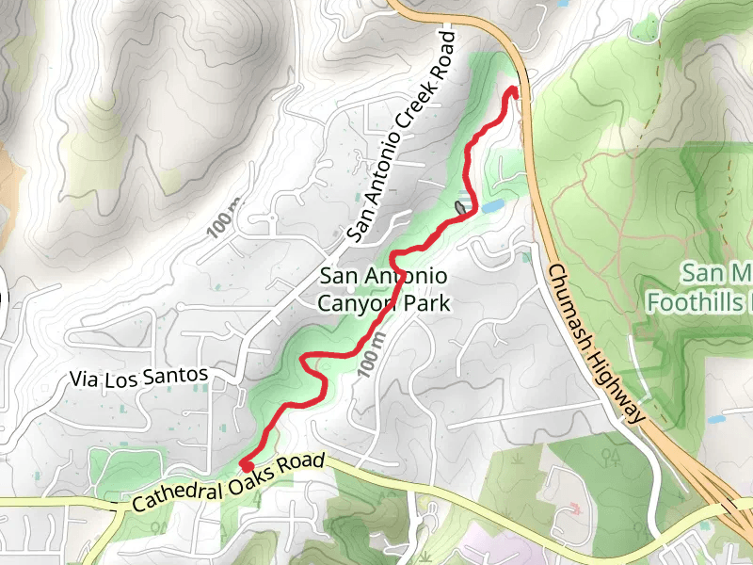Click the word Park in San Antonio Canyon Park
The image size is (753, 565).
point(430,303)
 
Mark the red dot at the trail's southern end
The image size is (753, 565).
point(246,464)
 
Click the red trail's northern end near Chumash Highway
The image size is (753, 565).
point(514,90)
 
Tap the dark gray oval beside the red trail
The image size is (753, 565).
point(460,206)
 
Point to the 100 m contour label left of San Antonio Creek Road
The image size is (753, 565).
point(225,218)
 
